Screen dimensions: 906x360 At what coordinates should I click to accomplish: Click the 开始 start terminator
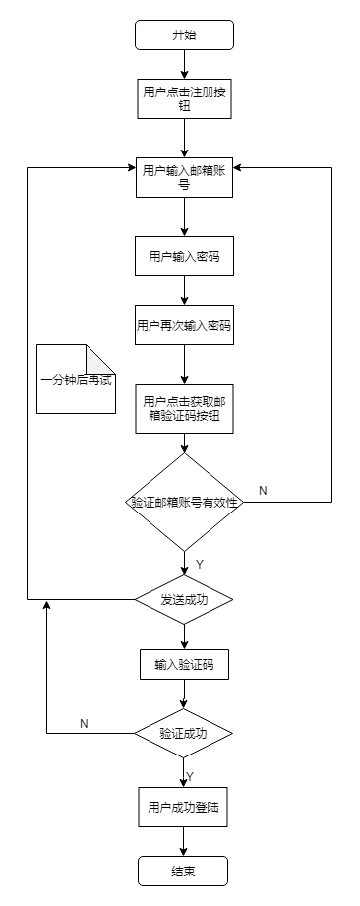(x=184, y=34)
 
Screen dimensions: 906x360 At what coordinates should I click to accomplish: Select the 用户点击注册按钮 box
(x=184, y=99)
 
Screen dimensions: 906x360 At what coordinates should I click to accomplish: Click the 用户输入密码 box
(x=184, y=257)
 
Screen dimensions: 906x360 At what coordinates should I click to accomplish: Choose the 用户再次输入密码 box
(x=184, y=326)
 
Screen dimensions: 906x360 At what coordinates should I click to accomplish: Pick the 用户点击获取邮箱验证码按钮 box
(x=184, y=407)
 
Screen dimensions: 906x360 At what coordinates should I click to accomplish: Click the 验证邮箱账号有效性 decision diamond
(x=184, y=502)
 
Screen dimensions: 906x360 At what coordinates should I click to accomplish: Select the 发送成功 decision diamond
(x=184, y=599)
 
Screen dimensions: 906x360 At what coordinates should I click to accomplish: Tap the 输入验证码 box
(x=184, y=665)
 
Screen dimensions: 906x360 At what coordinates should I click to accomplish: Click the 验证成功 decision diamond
(x=184, y=733)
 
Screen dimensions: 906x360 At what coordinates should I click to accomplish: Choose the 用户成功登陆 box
(x=184, y=808)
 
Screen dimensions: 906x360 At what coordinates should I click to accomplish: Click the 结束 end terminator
(x=184, y=871)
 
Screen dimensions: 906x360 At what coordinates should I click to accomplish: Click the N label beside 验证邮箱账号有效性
(x=263, y=490)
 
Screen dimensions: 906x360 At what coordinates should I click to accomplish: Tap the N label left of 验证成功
(x=84, y=723)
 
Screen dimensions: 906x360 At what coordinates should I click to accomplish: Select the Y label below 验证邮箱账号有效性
(x=199, y=565)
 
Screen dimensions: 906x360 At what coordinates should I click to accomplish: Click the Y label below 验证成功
(x=190, y=776)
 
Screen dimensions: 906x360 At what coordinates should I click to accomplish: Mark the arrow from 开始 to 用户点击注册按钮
(x=184, y=64)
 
